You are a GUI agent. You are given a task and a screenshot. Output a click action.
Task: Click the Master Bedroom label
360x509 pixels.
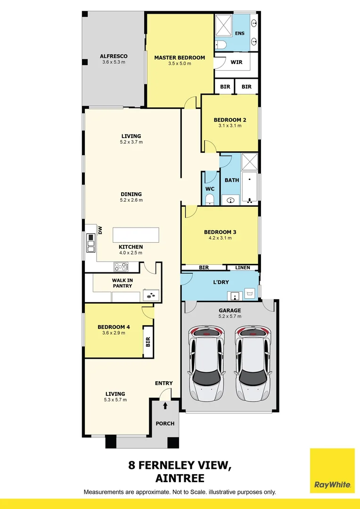click(180, 57)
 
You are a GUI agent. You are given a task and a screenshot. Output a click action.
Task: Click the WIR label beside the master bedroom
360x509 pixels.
click(236, 62)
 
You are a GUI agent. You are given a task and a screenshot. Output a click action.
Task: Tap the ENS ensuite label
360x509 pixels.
click(240, 33)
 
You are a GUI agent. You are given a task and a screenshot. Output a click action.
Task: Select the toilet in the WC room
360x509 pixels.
click(210, 199)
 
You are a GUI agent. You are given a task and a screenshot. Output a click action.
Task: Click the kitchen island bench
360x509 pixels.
click(135, 235)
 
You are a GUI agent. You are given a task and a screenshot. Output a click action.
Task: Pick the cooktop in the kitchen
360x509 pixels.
click(121, 267)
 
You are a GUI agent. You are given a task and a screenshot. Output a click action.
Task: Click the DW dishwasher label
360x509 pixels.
click(100, 230)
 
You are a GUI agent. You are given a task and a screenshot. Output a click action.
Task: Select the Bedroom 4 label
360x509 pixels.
click(114, 327)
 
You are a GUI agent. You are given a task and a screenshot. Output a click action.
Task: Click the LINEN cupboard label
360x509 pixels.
click(243, 268)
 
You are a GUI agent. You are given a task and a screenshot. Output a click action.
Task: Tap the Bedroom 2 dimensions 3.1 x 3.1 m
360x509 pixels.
click(229, 126)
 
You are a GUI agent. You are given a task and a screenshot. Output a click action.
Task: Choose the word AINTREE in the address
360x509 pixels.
click(180, 478)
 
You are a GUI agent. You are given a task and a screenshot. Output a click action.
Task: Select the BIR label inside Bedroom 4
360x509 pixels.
click(147, 341)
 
